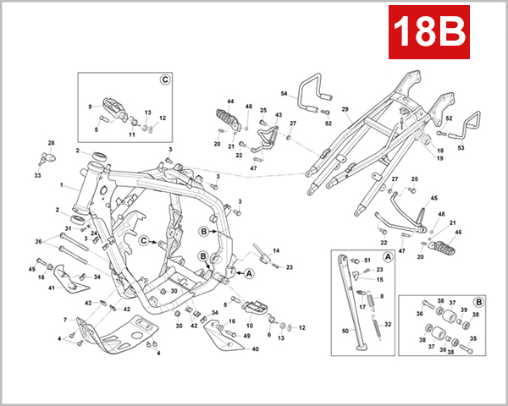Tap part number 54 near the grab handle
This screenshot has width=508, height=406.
pos(284,93)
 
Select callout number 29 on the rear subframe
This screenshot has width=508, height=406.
pos(345,110)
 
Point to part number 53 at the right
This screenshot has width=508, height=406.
pos(461,147)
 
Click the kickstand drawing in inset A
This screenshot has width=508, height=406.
pos(348,296)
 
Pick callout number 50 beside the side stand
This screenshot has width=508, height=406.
pos(344,330)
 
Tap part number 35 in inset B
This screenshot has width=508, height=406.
pos(473,338)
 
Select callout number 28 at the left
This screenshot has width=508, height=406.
pos(50,143)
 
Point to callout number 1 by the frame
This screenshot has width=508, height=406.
pos(62,184)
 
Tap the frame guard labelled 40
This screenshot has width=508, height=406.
pos(218,335)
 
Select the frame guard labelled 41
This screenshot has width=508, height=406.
pos(60,278)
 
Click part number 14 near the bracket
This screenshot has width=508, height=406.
pos(275,251)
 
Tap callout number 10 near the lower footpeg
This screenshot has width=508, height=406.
pos(248,325)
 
